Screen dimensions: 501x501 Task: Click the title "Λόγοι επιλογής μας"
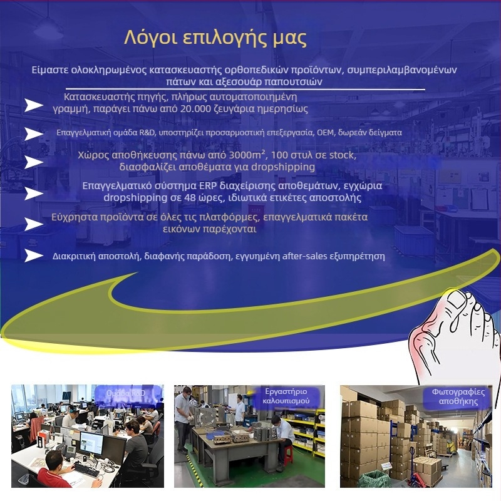[x=215, y=38]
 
